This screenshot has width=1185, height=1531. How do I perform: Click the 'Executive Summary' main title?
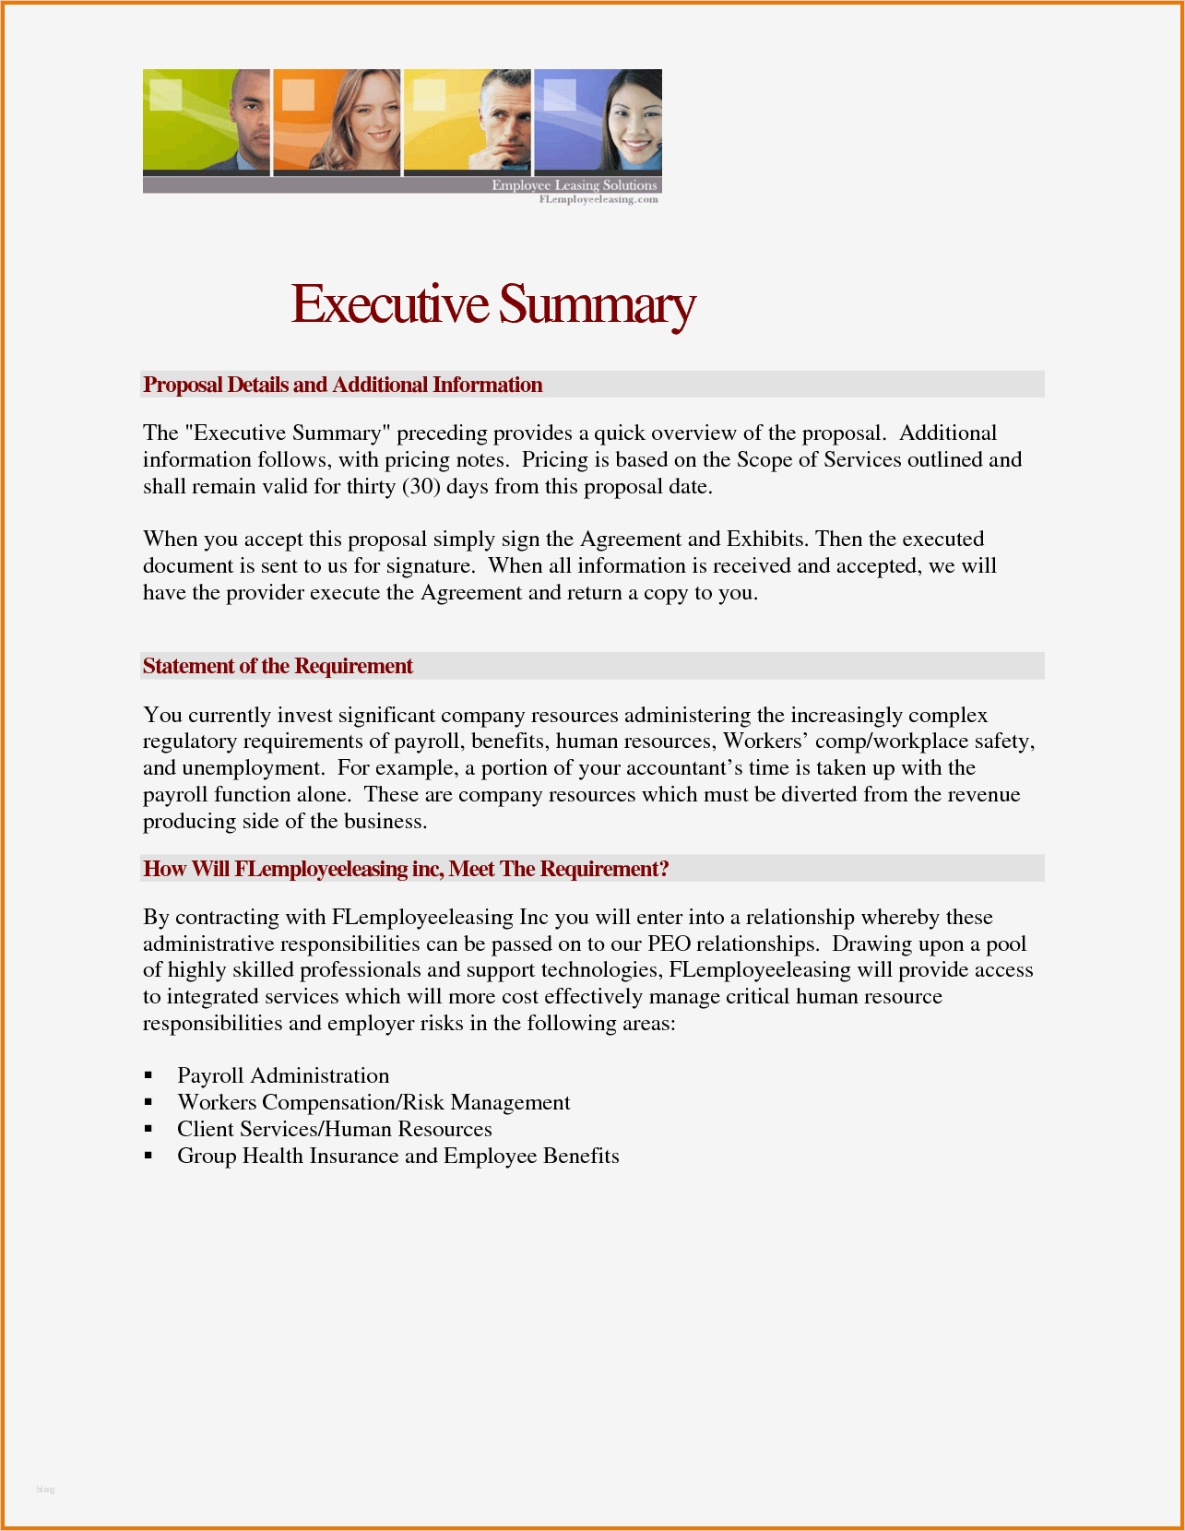tap(493, 304)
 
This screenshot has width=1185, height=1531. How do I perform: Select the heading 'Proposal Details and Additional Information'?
tap(342, 385)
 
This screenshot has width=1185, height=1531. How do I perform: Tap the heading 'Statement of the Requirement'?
tap(278, 666)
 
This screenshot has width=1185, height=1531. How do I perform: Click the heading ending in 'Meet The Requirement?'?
tap(406, 869)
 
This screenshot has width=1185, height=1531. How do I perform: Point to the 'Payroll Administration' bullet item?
tap(283, 1075)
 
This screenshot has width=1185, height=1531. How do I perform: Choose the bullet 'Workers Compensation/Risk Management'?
tap(373, 1102)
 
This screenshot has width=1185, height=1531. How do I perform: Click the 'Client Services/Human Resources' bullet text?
tap(335, 1129)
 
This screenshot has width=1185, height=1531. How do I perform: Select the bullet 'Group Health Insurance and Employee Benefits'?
tap(398, 1156)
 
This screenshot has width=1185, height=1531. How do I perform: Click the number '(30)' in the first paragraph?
tap(421, 486)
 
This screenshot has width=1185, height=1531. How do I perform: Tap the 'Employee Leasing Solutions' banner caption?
tap(574, 185)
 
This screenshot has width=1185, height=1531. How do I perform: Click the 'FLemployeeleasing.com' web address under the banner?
tap(598, 199)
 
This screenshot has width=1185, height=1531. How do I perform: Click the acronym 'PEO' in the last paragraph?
tap(669, 944)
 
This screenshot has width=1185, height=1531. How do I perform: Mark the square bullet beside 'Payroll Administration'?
tap(148, 1076)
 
